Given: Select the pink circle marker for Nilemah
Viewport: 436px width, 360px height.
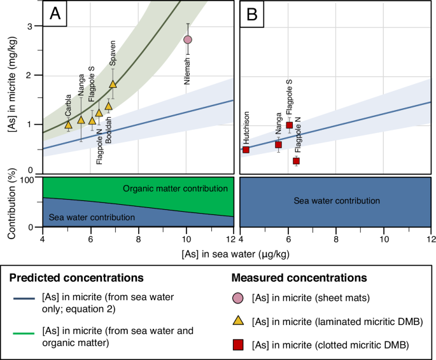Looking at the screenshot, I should (188, 39).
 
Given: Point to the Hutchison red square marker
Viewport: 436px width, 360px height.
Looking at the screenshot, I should (246, 149).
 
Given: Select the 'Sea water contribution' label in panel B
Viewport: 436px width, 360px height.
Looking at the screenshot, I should (337, 200).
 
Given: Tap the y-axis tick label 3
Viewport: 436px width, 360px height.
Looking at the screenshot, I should (29, 26).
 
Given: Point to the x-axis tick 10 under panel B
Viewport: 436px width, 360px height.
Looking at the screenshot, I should (384, 239).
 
